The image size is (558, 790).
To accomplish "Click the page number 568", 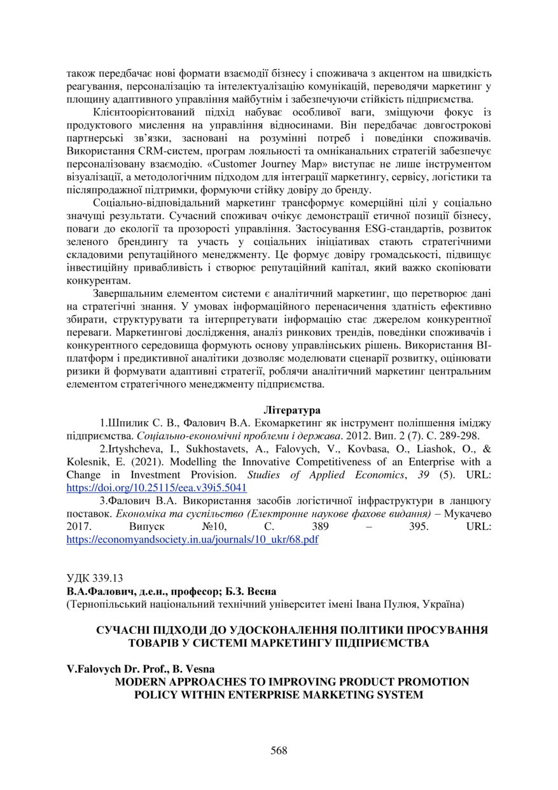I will pos(279,750).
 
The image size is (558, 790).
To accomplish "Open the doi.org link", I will pos(157,487).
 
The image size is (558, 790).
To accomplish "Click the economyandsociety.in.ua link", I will pos(193,540).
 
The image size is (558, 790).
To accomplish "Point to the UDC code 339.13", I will pos(95,578).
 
